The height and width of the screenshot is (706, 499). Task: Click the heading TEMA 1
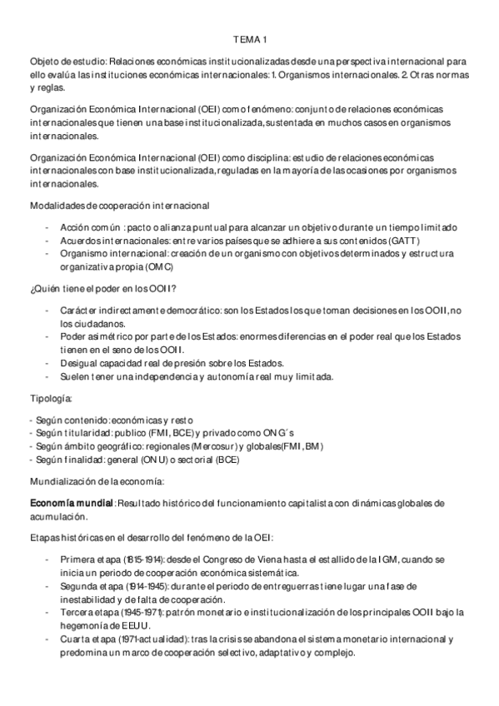click(x=249, y=39)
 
